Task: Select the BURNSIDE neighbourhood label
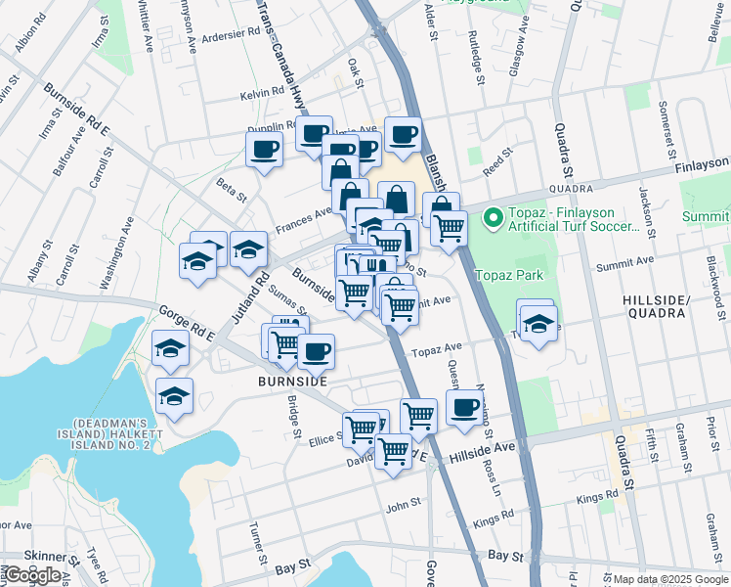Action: click(x=291, y=381)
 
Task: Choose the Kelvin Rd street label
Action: click(x=268, y=94)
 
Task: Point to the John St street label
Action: click(x=403, y=505)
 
